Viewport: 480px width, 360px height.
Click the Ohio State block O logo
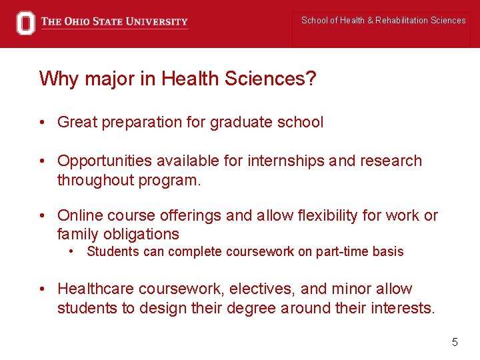click(25, 23)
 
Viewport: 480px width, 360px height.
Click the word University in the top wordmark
click(155, 22)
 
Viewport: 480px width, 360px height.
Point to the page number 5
click(455, 342)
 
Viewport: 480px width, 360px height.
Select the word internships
click(285, 161)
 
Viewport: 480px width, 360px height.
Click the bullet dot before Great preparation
click(42, 123)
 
